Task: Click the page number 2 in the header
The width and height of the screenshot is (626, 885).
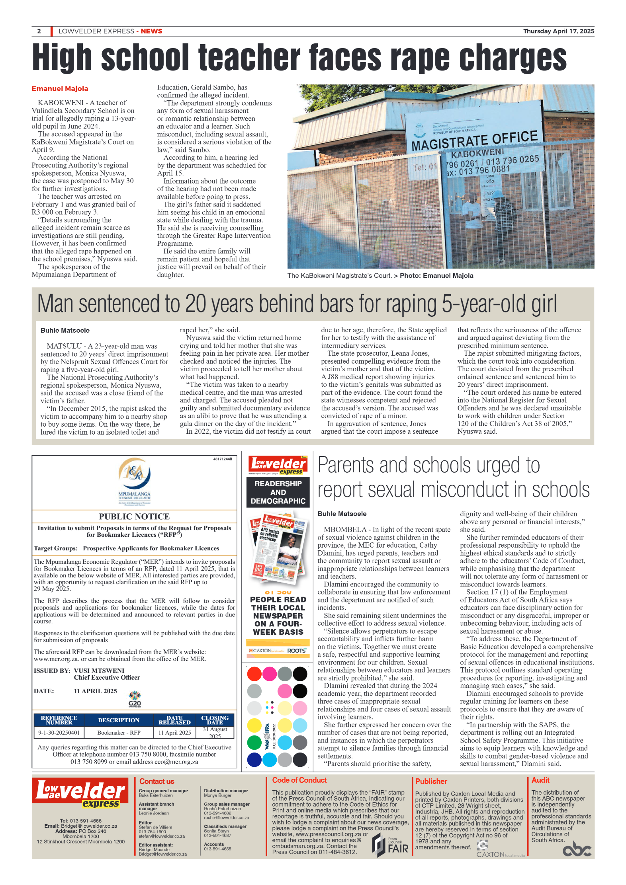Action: (x=39, y=31)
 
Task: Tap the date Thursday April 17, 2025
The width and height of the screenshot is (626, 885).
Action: (x=558, y=31)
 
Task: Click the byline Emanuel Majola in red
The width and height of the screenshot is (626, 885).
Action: (x=60, y=89)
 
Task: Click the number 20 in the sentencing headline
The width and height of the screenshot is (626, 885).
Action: (x=195, y=304)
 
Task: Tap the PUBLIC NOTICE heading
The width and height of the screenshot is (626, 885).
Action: (x=134, y=517)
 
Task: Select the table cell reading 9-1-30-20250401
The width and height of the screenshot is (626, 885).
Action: (x=59, y=733)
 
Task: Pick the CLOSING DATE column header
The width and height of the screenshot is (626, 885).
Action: (x=215, y=720)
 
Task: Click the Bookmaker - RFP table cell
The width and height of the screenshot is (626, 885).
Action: (x=119, y=733)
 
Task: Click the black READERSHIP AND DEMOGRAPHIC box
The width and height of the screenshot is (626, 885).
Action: (x=278, y=492)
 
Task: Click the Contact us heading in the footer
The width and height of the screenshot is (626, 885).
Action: (x=156, y=782)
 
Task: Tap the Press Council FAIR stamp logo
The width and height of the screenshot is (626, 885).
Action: (x=390, y=845)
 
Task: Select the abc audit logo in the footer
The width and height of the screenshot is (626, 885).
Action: (x=577, y=850)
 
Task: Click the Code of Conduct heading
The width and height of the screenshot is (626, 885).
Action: (x=299, y=780)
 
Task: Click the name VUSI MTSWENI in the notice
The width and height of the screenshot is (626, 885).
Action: (x=99, y=671)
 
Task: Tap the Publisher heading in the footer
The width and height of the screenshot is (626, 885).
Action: (x=431, y=782)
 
